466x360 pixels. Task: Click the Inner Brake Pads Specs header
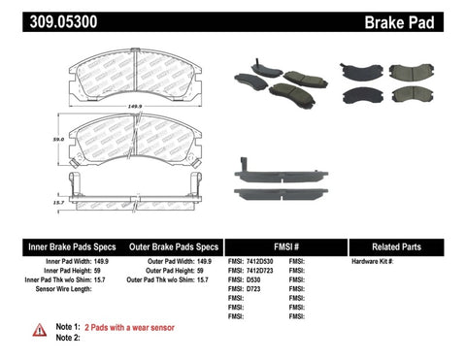click(58, 246)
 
